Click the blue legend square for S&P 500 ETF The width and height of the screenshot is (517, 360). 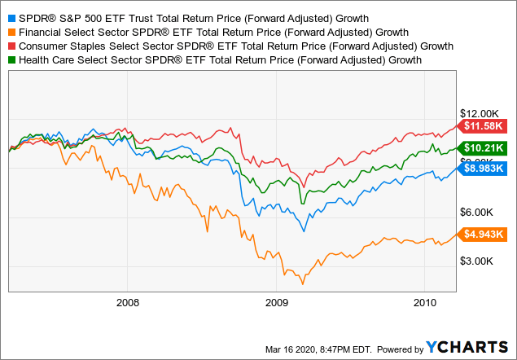[x=11, y=17]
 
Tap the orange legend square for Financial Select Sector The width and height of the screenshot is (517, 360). [x=11, y=32]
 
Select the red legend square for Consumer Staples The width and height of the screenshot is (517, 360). [x=11, y=46]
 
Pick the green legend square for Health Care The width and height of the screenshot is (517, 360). [x=11, y=59]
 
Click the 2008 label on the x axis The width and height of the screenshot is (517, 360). [x=128, y=302]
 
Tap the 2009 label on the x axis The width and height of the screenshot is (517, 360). [x=276, y=302]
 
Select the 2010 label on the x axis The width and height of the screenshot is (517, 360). [x=423, y=302]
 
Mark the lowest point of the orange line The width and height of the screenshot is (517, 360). [x=303, y=283]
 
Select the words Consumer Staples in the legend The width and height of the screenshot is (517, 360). [x=63, y=46]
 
